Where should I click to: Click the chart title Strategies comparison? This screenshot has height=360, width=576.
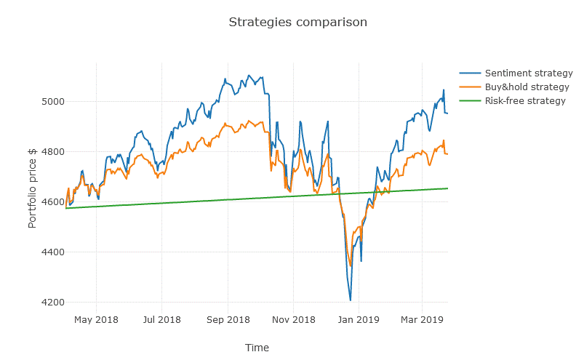(x=297, y=22)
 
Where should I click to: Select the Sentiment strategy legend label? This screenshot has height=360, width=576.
(x=529, y=73)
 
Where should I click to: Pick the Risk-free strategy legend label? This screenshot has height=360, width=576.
(x=525, y=101)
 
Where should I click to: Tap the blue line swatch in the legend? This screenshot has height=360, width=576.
(x=470, y=73)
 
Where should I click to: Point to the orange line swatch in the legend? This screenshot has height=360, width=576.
(x=470, y=87)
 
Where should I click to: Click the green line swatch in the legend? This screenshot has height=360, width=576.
(x=470, y=101)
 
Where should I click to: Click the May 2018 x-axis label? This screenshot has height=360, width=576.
(x=96, y=319)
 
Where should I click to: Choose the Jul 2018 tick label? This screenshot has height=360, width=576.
(x=161, y=319)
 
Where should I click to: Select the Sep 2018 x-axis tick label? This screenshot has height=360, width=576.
(x=228, y=319)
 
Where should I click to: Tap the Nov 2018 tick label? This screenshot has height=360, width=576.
(x=293, y=319)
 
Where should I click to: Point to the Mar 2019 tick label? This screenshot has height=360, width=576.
(x=422, y=319)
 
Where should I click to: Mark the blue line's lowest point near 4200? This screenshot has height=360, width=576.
(x=351, y=300)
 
